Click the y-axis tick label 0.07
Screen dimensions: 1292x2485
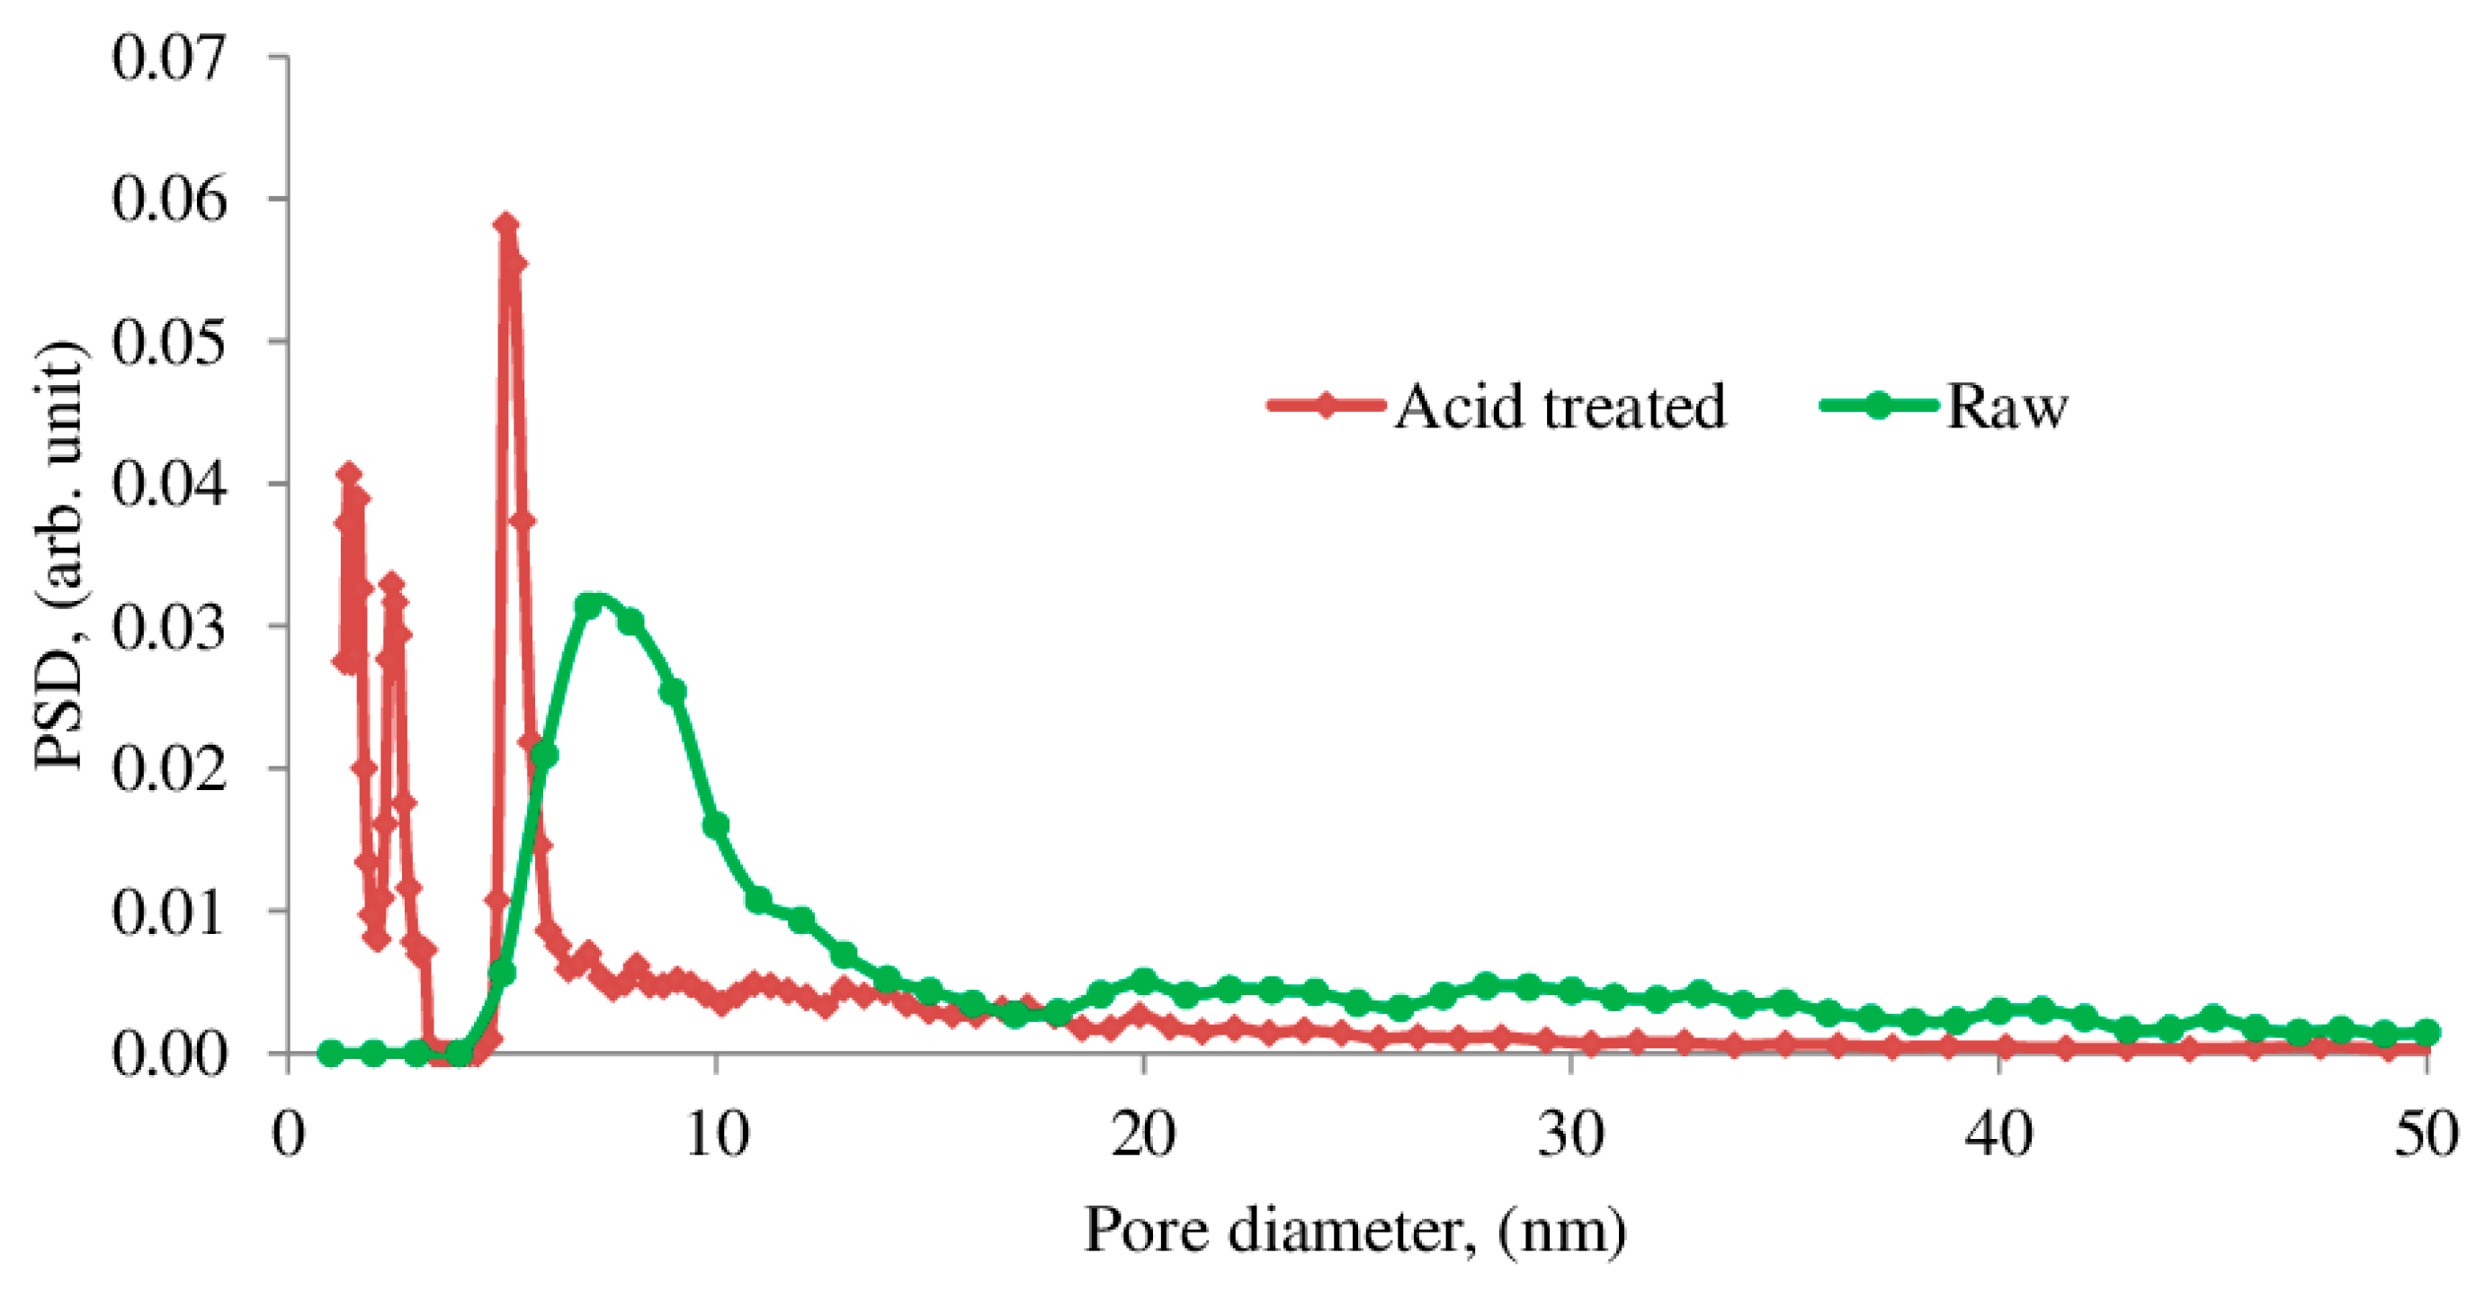click(x=170, y=58)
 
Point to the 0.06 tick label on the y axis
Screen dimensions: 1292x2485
click(x=170, y=200)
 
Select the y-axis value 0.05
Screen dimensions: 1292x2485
click(x=170, y=343)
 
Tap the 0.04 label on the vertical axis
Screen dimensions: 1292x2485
click(x=170, y=484)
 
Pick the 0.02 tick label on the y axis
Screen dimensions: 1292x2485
click(x=170, y=769)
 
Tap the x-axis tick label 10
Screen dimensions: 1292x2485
click(x=716, y=1135)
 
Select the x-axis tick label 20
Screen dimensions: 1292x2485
click(x=1143, y=1135)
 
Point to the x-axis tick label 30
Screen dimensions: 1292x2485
click(x=1570, y=1135)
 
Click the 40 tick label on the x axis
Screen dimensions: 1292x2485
click(x=1998, y=1135)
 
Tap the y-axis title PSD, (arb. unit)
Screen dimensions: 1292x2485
click(x=60, y=556)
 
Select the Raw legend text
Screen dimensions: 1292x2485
click(x=2007, y=406)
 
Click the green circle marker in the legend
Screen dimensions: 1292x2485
click(x=1877, y=405)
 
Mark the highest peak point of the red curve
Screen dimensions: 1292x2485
click(x=506, y=225)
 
